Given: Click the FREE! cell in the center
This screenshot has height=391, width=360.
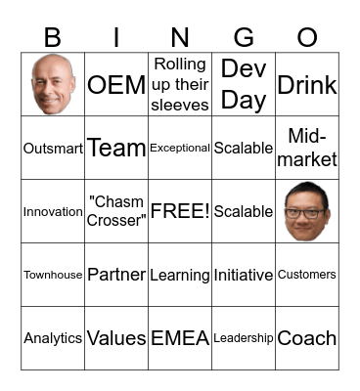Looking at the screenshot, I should coord(180,211).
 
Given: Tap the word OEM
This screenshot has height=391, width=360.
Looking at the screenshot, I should coord(116,85).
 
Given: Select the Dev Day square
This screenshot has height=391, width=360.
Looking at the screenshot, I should coord(244,84).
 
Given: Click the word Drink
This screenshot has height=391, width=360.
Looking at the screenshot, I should coord(307,85).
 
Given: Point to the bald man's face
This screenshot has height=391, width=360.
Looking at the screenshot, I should coord(53,84).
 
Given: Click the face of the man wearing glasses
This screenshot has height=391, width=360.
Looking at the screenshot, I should coord(307,211).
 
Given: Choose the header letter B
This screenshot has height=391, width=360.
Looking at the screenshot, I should coord(53,38).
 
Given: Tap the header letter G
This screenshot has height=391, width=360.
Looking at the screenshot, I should coord(244,38).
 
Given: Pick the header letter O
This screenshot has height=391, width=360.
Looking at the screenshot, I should coord(307,38).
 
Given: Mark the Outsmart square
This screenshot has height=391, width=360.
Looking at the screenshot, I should coord(53,149).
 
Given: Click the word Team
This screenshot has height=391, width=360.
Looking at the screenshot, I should coord(116,149).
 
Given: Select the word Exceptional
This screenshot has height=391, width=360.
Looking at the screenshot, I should coord(180,149).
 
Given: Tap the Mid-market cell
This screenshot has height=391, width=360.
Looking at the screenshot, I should coord(307,148).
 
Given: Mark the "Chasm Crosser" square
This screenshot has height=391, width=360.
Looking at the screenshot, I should coord(116,211).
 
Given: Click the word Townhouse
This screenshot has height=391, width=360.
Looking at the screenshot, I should coord(53,276).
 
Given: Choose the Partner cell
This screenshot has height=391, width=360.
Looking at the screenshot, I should coord(116,275).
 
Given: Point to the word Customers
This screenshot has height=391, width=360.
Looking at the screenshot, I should coord(307,276).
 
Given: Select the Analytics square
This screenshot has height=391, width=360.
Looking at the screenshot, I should coord(53,338).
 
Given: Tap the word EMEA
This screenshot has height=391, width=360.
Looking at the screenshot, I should coord(180,338).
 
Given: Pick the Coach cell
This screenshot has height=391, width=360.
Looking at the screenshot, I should coord(307,338).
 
